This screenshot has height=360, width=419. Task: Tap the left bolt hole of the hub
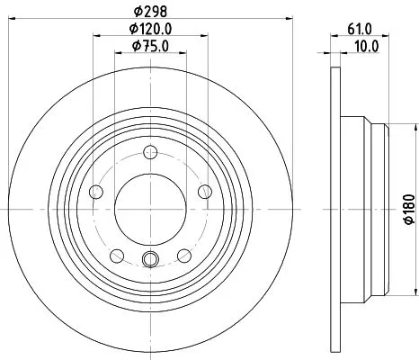coord(96,190)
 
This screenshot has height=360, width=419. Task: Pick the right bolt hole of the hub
coord(204,190)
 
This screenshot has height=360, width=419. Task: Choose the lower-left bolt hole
coord(117,253)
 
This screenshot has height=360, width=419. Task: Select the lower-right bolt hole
coord(183,253)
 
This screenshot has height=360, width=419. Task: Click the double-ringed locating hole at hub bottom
coord(150,261)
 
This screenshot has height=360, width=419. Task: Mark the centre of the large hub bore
coord(150,209)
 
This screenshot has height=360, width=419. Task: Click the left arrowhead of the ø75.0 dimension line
coord(117,55)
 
